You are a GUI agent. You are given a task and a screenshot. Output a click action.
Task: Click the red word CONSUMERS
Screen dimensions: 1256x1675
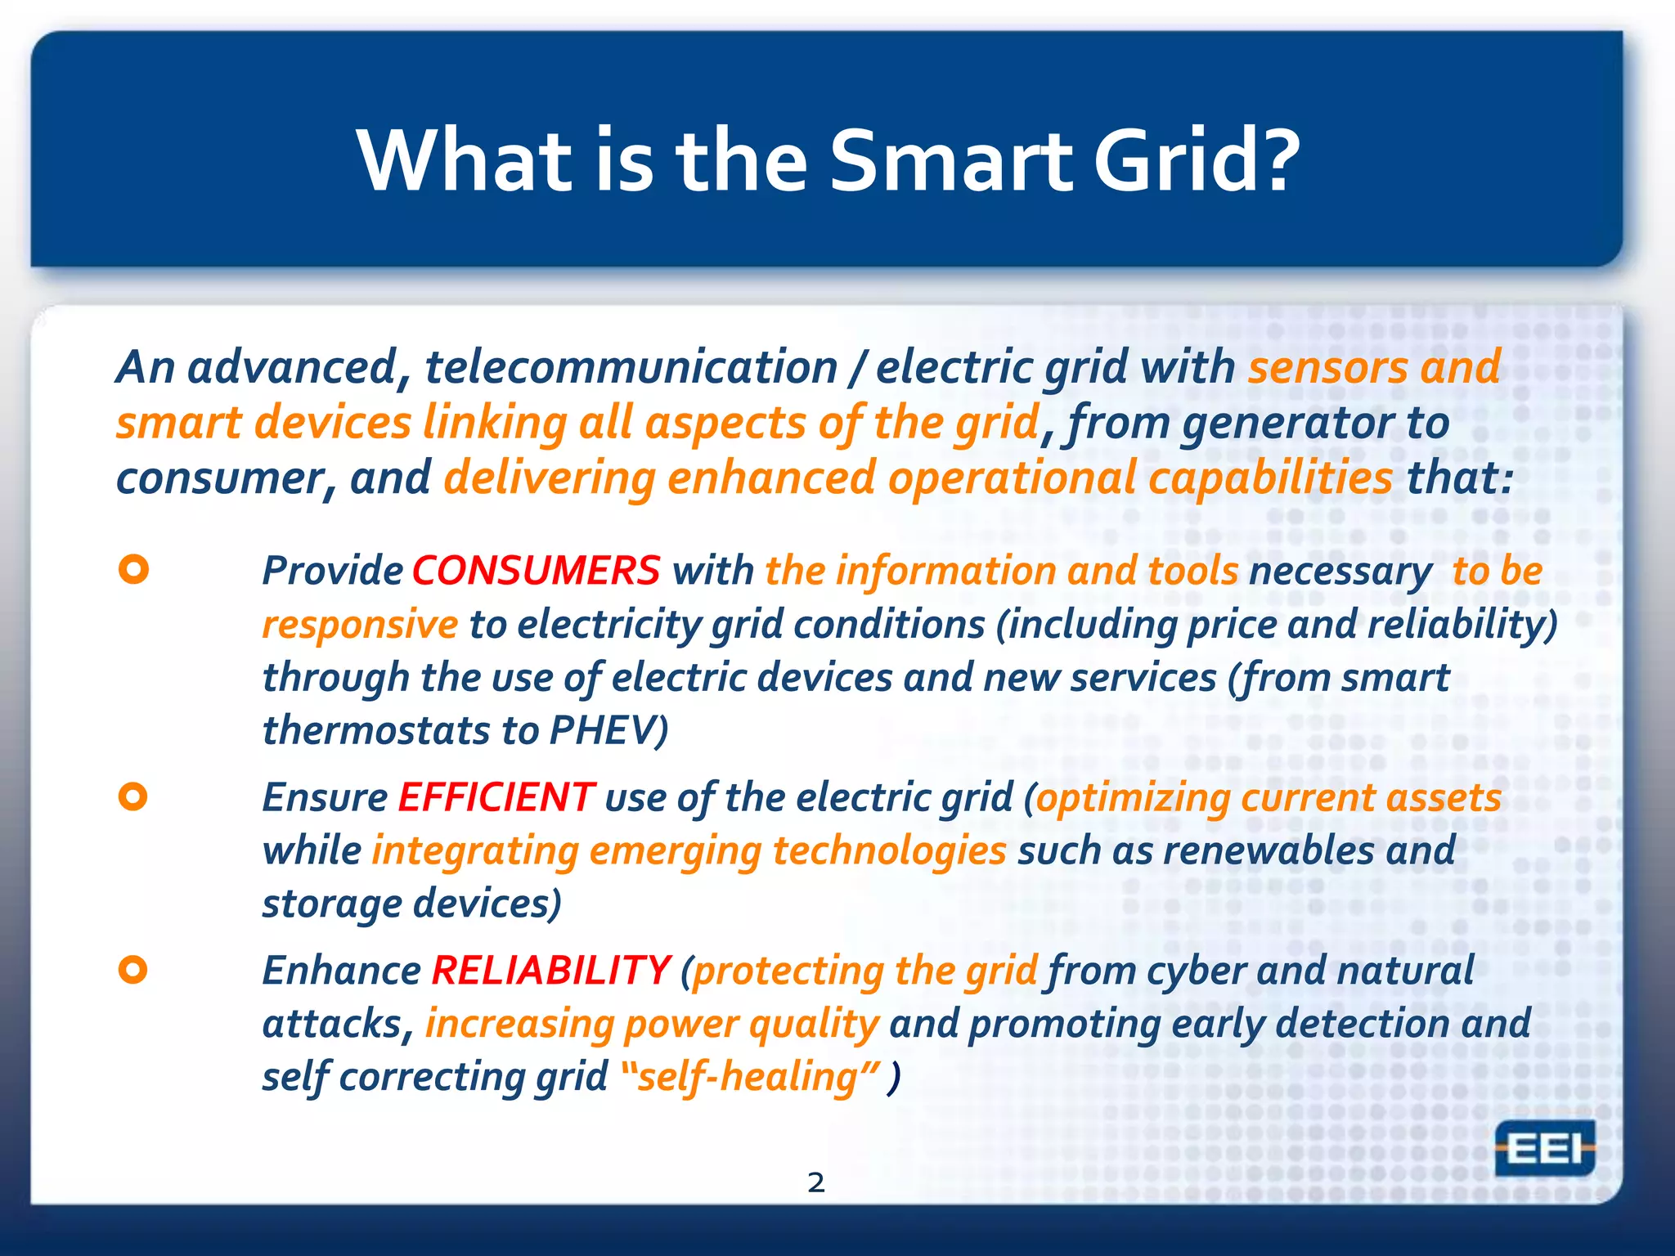click(536, 570)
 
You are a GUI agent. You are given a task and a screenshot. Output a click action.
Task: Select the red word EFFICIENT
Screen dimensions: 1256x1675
click(496, 796)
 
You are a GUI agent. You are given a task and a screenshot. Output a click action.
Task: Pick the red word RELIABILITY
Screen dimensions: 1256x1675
click(550, 971)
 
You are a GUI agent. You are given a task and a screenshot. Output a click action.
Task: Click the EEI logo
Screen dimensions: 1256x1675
click(1544, 1149)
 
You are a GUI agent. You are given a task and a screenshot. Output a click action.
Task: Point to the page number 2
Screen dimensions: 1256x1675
click(815, 1182)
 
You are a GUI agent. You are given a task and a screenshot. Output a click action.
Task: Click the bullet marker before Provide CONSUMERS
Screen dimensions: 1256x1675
click(133, 569)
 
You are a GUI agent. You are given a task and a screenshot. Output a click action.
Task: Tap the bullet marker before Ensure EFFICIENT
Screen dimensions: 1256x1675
click(133, 796)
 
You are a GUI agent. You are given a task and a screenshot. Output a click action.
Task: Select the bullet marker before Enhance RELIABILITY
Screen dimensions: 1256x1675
click(133, 970)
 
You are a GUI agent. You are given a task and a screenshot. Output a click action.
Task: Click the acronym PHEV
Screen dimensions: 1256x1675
click(604, 730)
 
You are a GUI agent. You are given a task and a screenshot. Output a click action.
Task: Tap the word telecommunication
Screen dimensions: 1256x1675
click(631, 367)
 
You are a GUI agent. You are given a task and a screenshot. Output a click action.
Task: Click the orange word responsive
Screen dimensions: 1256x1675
click(360, 625)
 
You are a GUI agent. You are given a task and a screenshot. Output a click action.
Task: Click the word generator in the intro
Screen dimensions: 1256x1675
click(1288, 423)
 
